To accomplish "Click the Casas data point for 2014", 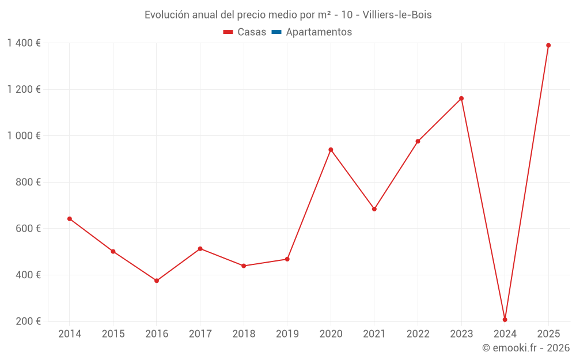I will tap(70, 219).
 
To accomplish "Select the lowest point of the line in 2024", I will tap(505, 320).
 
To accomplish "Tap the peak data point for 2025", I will tap(548, 46).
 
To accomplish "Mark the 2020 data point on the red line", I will tap(331, 150).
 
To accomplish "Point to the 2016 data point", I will tap(157, 281).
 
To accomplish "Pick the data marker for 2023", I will tap(461, 98).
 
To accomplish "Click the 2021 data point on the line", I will tap(374, 209).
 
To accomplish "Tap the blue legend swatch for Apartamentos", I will tap(276, 32).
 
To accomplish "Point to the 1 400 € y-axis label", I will tap(24, 43).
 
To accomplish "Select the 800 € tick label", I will tap(29, 182).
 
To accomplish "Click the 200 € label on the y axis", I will tap(29, 321).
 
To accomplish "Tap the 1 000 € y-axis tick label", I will tap(24, 136).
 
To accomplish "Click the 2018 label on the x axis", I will tap(244, 334).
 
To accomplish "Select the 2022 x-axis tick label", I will tap(418, 334).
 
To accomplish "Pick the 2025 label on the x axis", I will tap(548, 334).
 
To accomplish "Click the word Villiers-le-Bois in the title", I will tap(397, 15).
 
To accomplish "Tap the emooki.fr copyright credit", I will tap(526, 348).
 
